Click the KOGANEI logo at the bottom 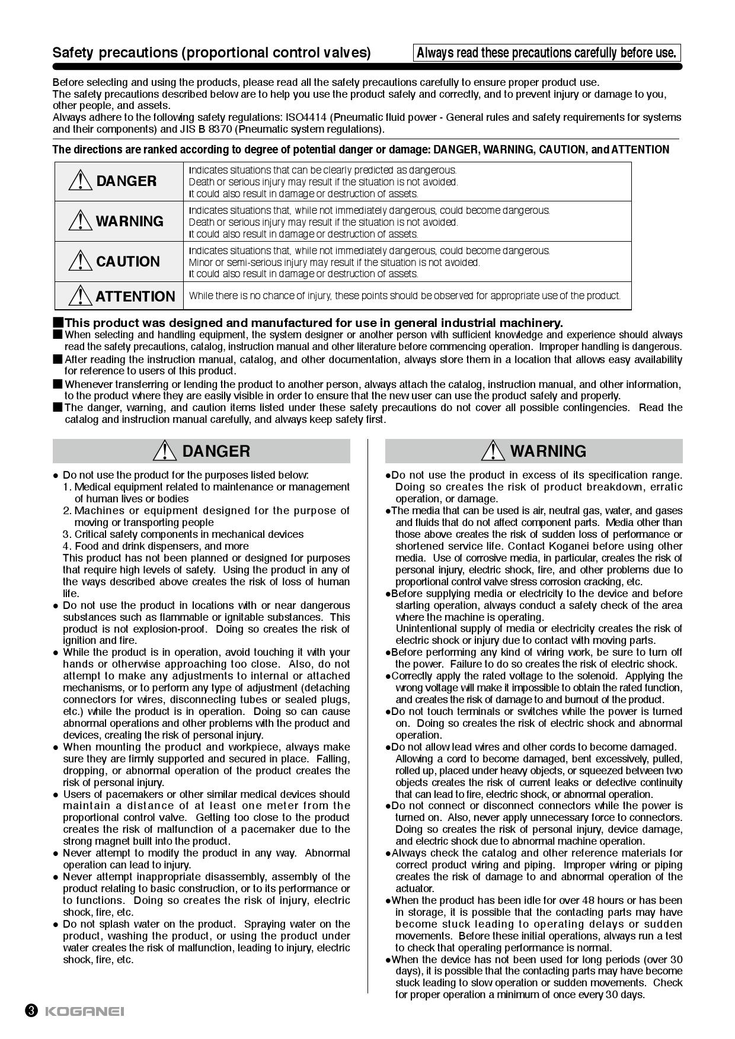point(85,1011)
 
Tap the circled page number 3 point(31,1011)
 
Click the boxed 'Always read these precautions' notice point(546,53)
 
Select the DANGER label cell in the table point(119,181)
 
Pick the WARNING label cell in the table point(119,221)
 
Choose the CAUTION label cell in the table point(119,261)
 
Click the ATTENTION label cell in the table point(119,296)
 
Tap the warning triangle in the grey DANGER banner point(164,451)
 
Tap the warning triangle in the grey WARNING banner point(492,451)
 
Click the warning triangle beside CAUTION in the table point(79,261)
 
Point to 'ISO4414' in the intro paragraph point(304,117)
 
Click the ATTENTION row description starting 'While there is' point(404,296)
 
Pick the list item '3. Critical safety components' point(183,534)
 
